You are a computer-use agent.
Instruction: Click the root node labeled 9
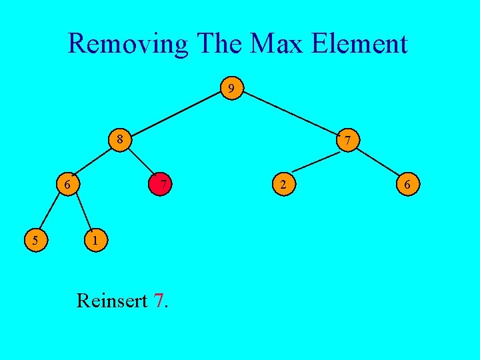(x=231, y=88)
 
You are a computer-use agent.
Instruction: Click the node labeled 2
(x=283, y=185)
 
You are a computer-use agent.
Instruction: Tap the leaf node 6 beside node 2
(x=407, y=185)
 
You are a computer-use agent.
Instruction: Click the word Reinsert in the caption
(x=111, y=301)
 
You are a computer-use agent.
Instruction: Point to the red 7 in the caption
(x=158, y=301)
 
